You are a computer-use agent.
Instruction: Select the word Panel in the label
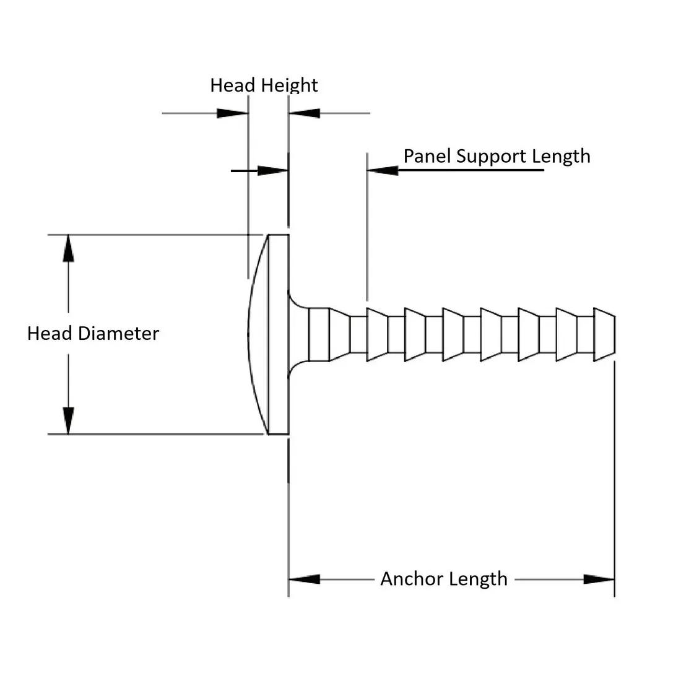[428, 155]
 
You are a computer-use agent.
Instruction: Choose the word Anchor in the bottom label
[409, 579]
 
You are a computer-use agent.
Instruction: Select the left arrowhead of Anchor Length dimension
[304, 579]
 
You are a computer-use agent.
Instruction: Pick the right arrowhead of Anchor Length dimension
[599, 579]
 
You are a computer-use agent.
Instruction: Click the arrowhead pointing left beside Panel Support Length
[383, 170]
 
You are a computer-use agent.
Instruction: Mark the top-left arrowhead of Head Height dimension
[233, 113]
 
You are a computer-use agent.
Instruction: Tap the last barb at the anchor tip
[604, 334]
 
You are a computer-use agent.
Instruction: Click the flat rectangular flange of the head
[279, 334]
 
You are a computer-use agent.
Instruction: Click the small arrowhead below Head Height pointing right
[272, 170]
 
